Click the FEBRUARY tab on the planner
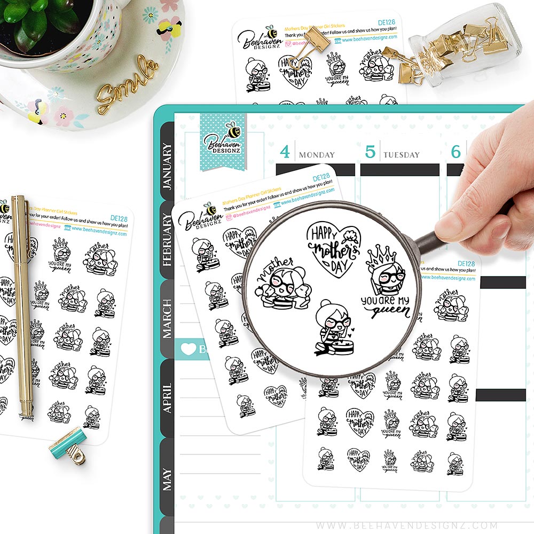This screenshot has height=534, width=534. click(167, 240)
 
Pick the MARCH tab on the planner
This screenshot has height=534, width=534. click(167, 318)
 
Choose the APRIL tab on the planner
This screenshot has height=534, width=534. click(167, 398)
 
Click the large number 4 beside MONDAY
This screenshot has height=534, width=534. click(285, 152)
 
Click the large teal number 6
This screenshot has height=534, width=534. click(456, 152)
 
